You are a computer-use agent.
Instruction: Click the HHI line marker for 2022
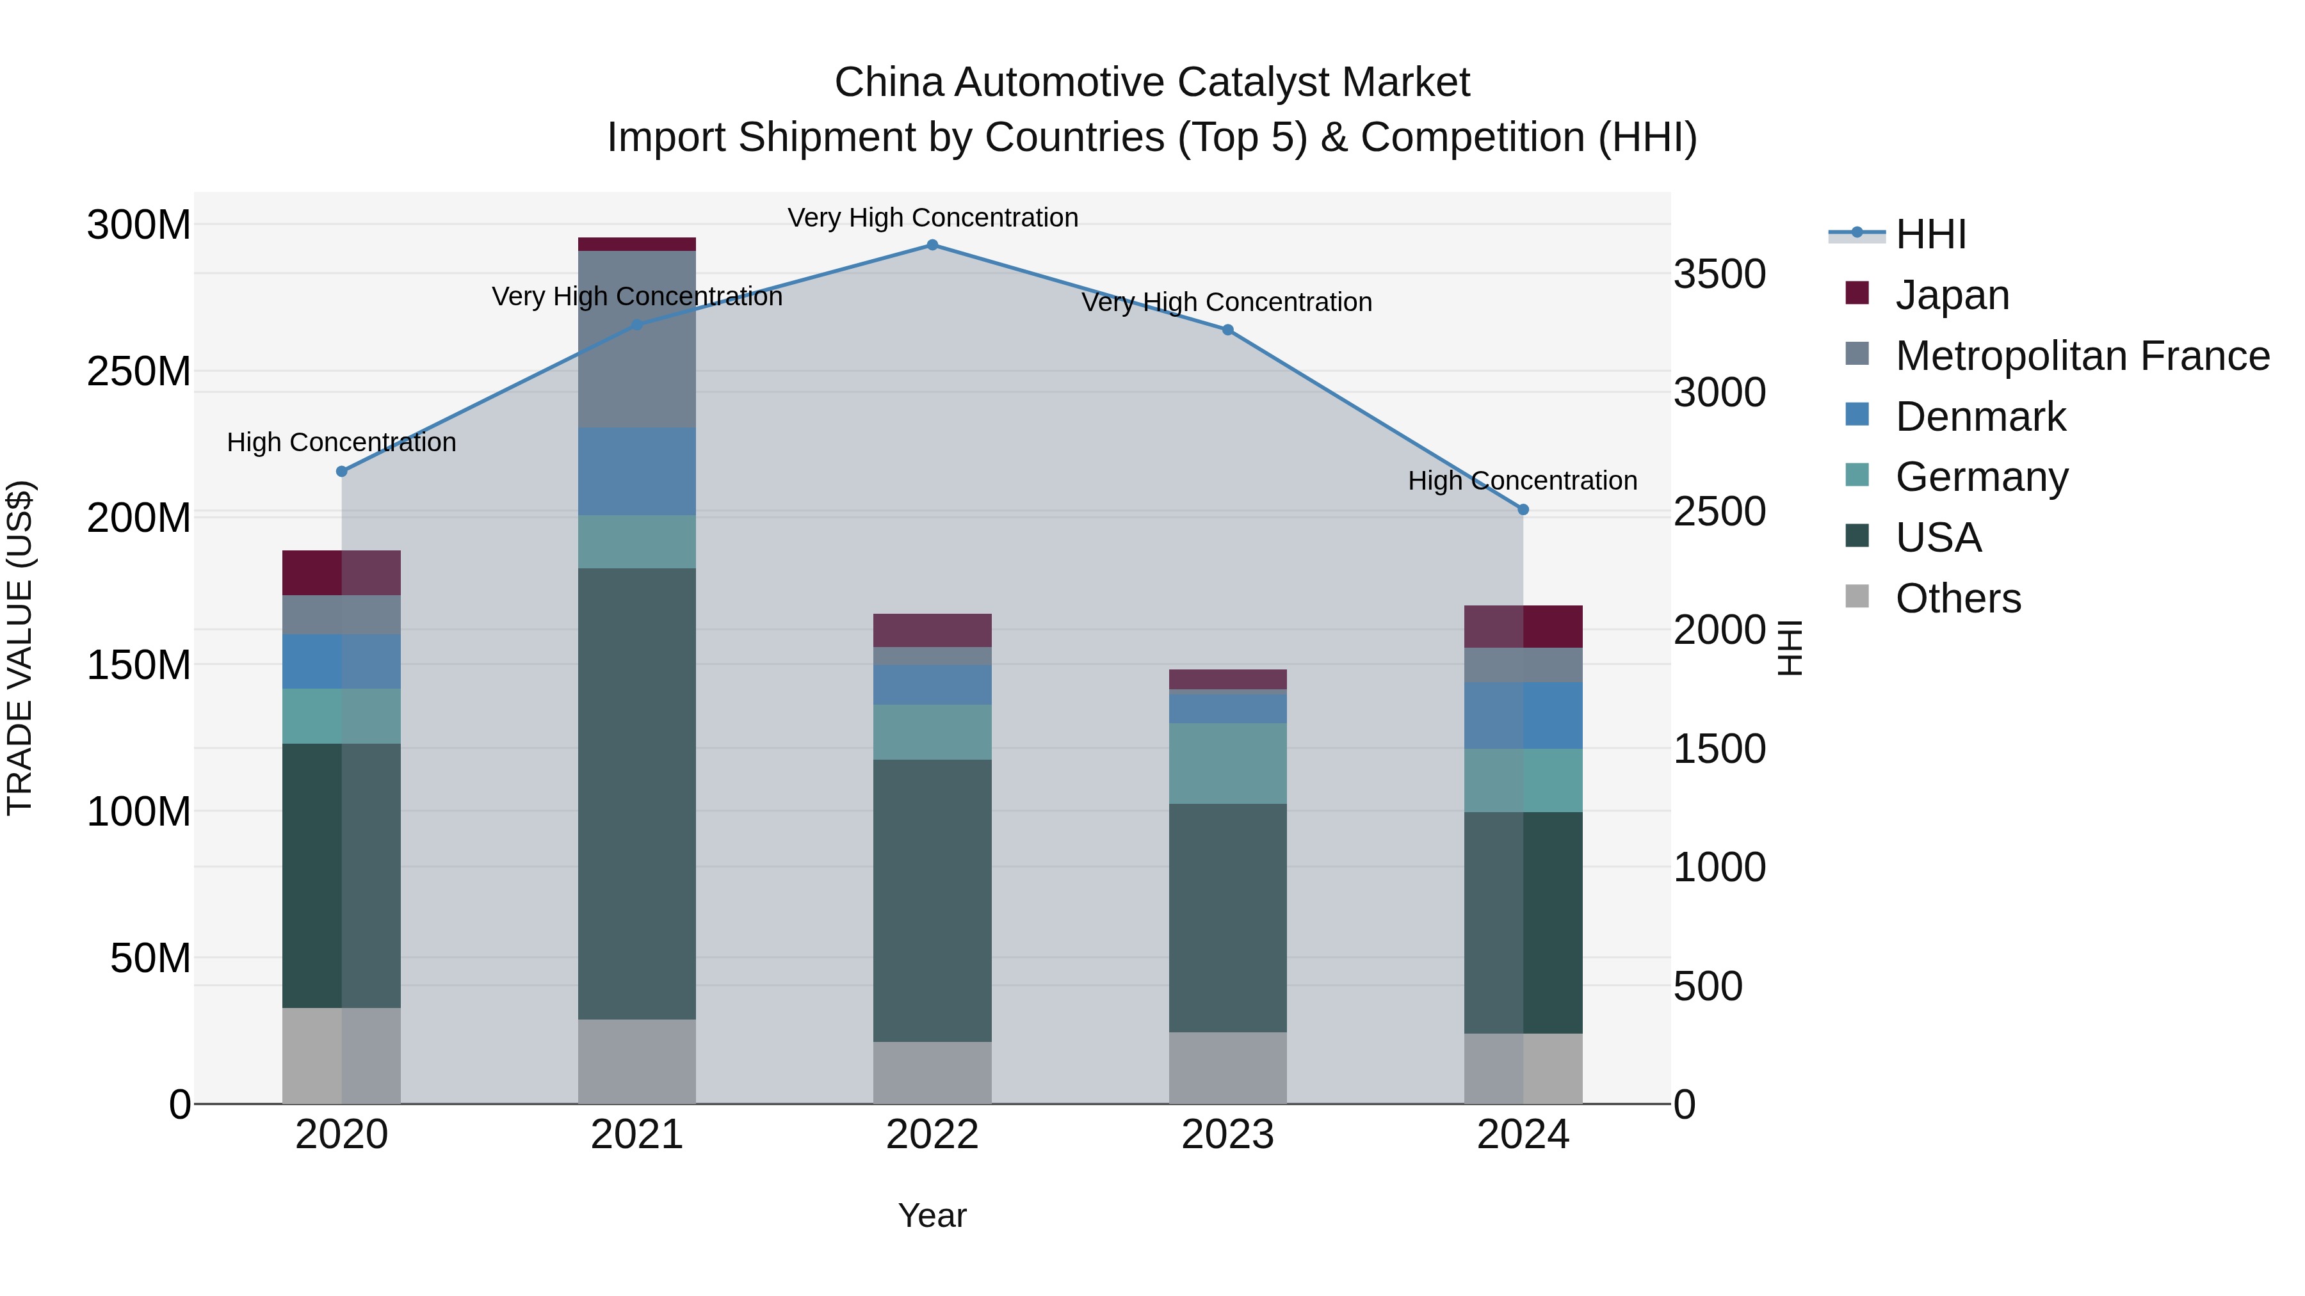point(932,245)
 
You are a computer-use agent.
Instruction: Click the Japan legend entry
point(1952,295)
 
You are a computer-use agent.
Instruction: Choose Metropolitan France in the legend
point(2082,356)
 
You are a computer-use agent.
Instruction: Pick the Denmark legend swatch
point(1857,415)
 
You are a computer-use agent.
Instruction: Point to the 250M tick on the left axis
point(139,371)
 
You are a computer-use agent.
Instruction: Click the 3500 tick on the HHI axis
point(1719,275)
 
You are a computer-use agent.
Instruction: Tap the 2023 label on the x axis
point(1227,1135)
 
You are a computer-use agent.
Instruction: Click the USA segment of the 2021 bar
point(636,794)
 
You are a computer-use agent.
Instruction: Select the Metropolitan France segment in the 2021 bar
point(636,339)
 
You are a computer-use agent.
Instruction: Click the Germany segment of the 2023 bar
point(1227,763)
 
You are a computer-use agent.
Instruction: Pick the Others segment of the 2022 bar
point(932,1073)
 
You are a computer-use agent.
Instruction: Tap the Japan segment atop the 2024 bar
point(1523,626)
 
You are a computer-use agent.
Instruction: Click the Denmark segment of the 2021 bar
point(636,471)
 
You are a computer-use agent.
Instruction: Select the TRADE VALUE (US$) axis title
point(20,648)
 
